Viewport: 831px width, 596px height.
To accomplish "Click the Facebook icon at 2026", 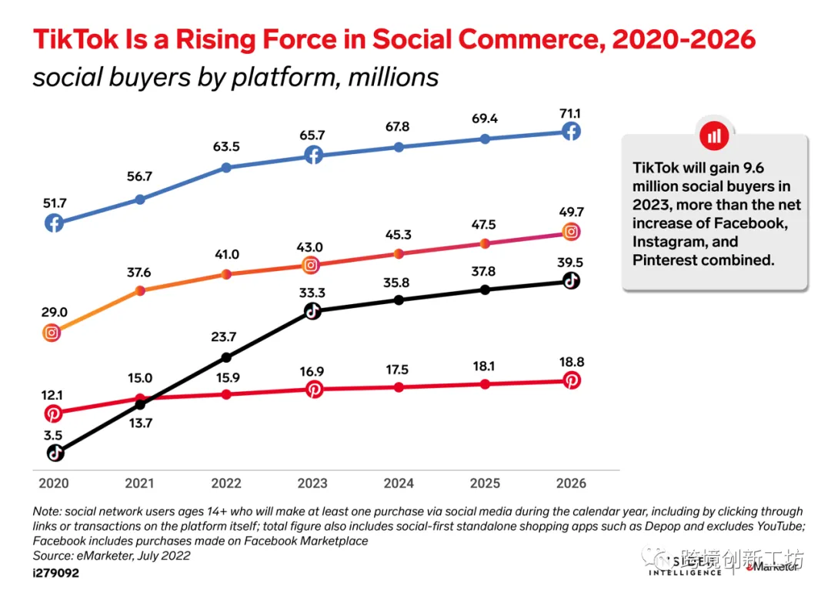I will (570, 132).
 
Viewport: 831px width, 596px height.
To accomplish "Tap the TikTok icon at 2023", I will (312, 311).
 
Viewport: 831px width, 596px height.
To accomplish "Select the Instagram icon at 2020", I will (53, 333).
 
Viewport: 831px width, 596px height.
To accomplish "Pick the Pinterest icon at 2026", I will (570, 380).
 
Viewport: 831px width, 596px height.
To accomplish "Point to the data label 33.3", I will (312, 293).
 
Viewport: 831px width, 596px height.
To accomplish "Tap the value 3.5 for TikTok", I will (53, 434).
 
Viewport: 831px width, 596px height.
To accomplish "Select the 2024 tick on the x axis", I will (398, 483).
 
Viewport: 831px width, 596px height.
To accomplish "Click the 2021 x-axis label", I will (139, 483).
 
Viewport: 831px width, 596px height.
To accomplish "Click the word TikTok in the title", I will (75, 39).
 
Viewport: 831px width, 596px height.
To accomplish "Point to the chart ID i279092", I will (55, 574).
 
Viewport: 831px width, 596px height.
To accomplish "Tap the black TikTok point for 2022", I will (225, 357).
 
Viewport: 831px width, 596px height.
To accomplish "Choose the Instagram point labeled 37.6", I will (140, 290).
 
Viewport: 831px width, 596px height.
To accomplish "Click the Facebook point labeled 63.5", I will (225, 167).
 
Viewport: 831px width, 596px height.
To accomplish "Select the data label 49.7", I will (570, 212).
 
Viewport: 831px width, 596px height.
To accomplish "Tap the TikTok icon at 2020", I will (54, 453).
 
